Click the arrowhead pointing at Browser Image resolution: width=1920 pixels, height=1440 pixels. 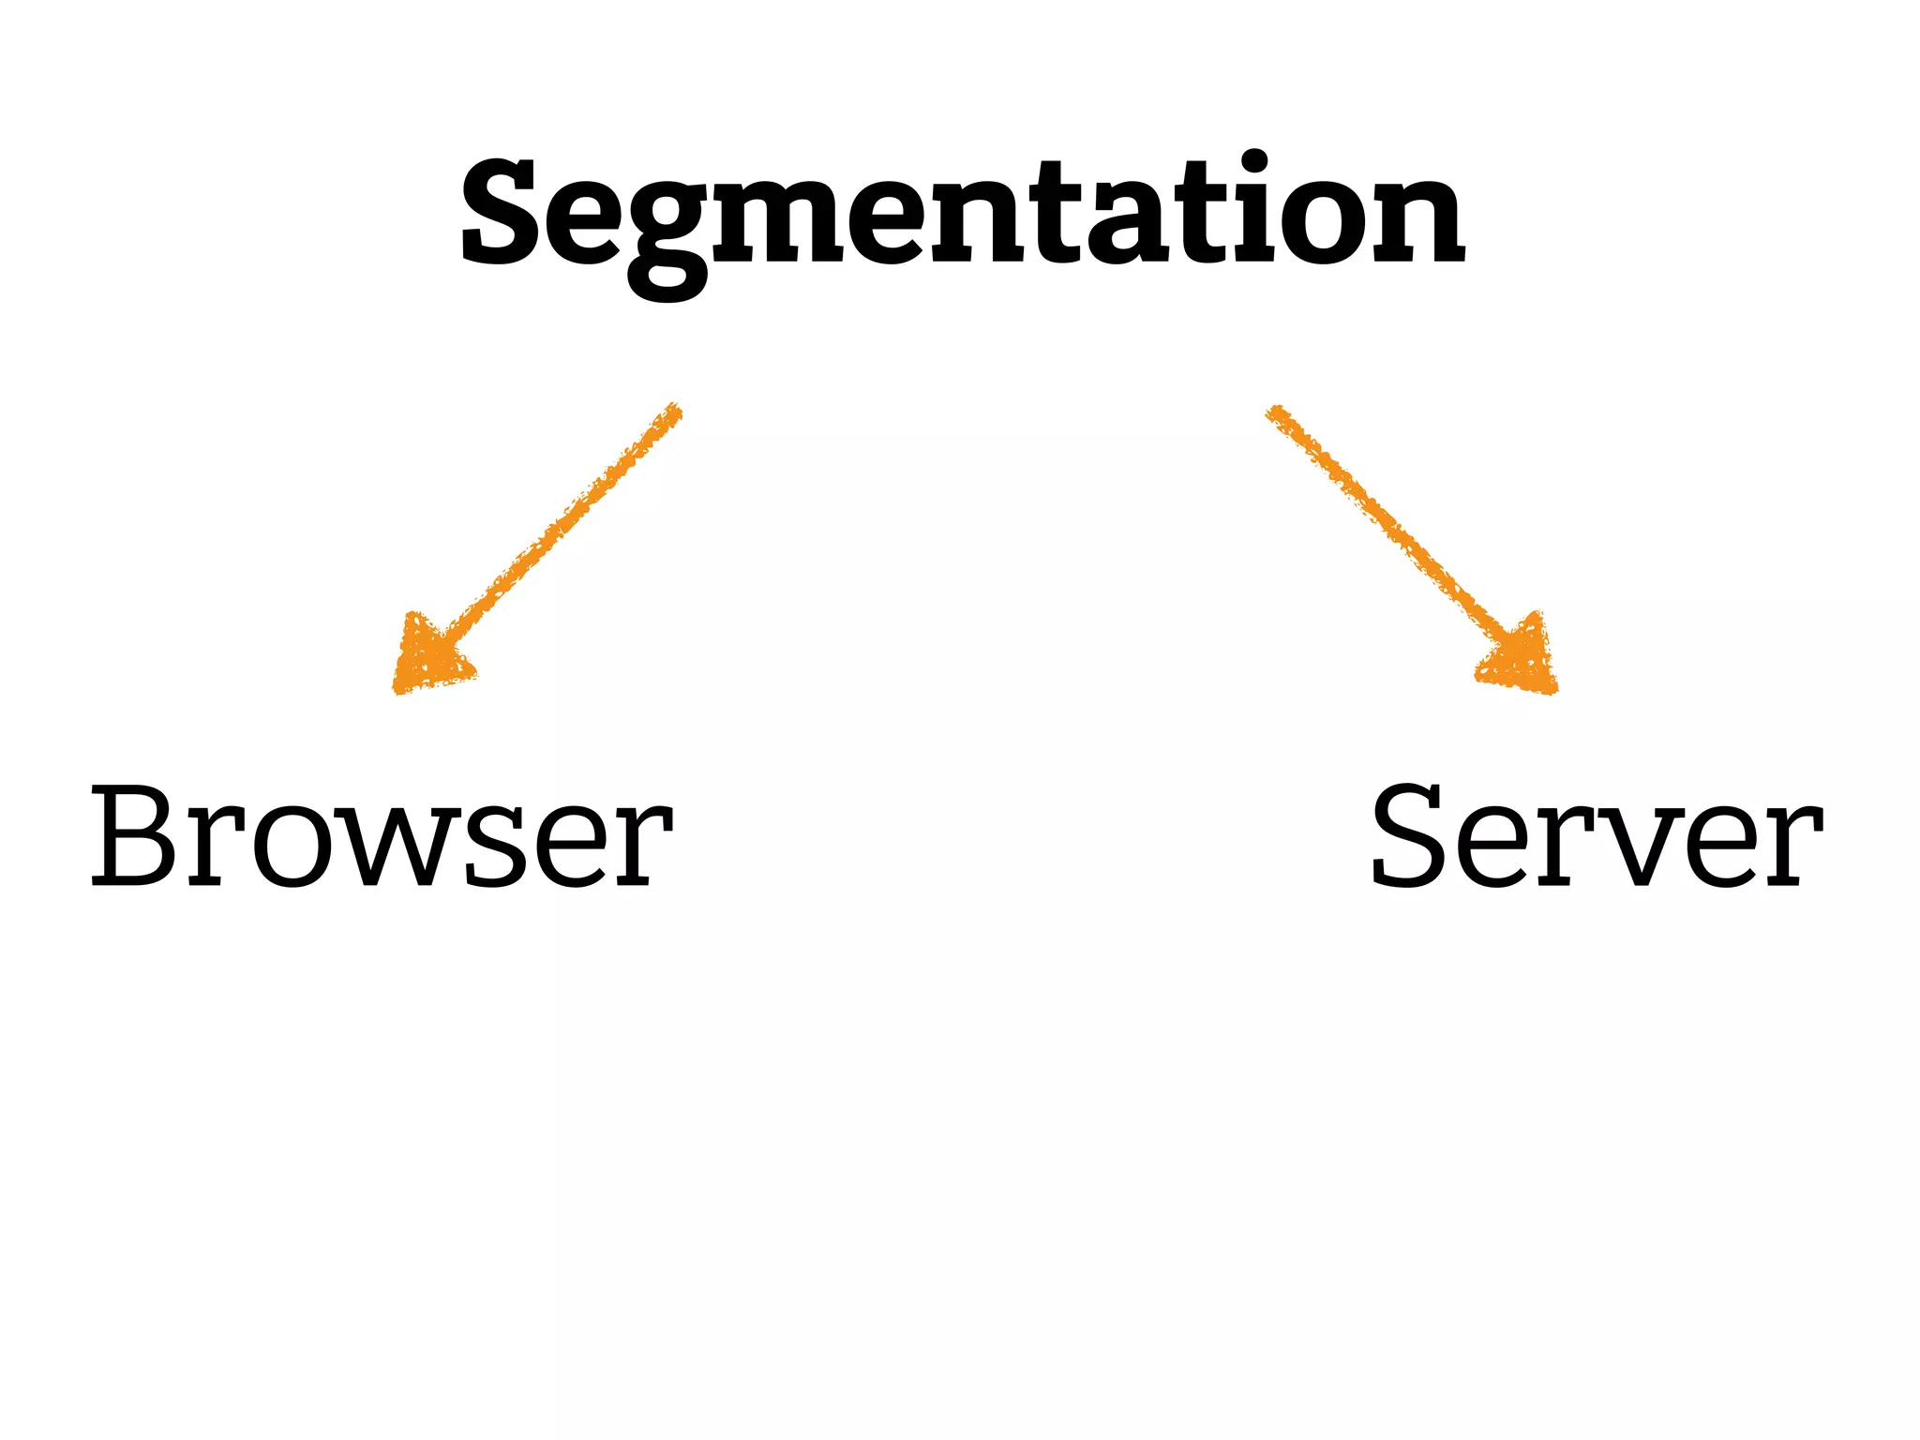point(429,656)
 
